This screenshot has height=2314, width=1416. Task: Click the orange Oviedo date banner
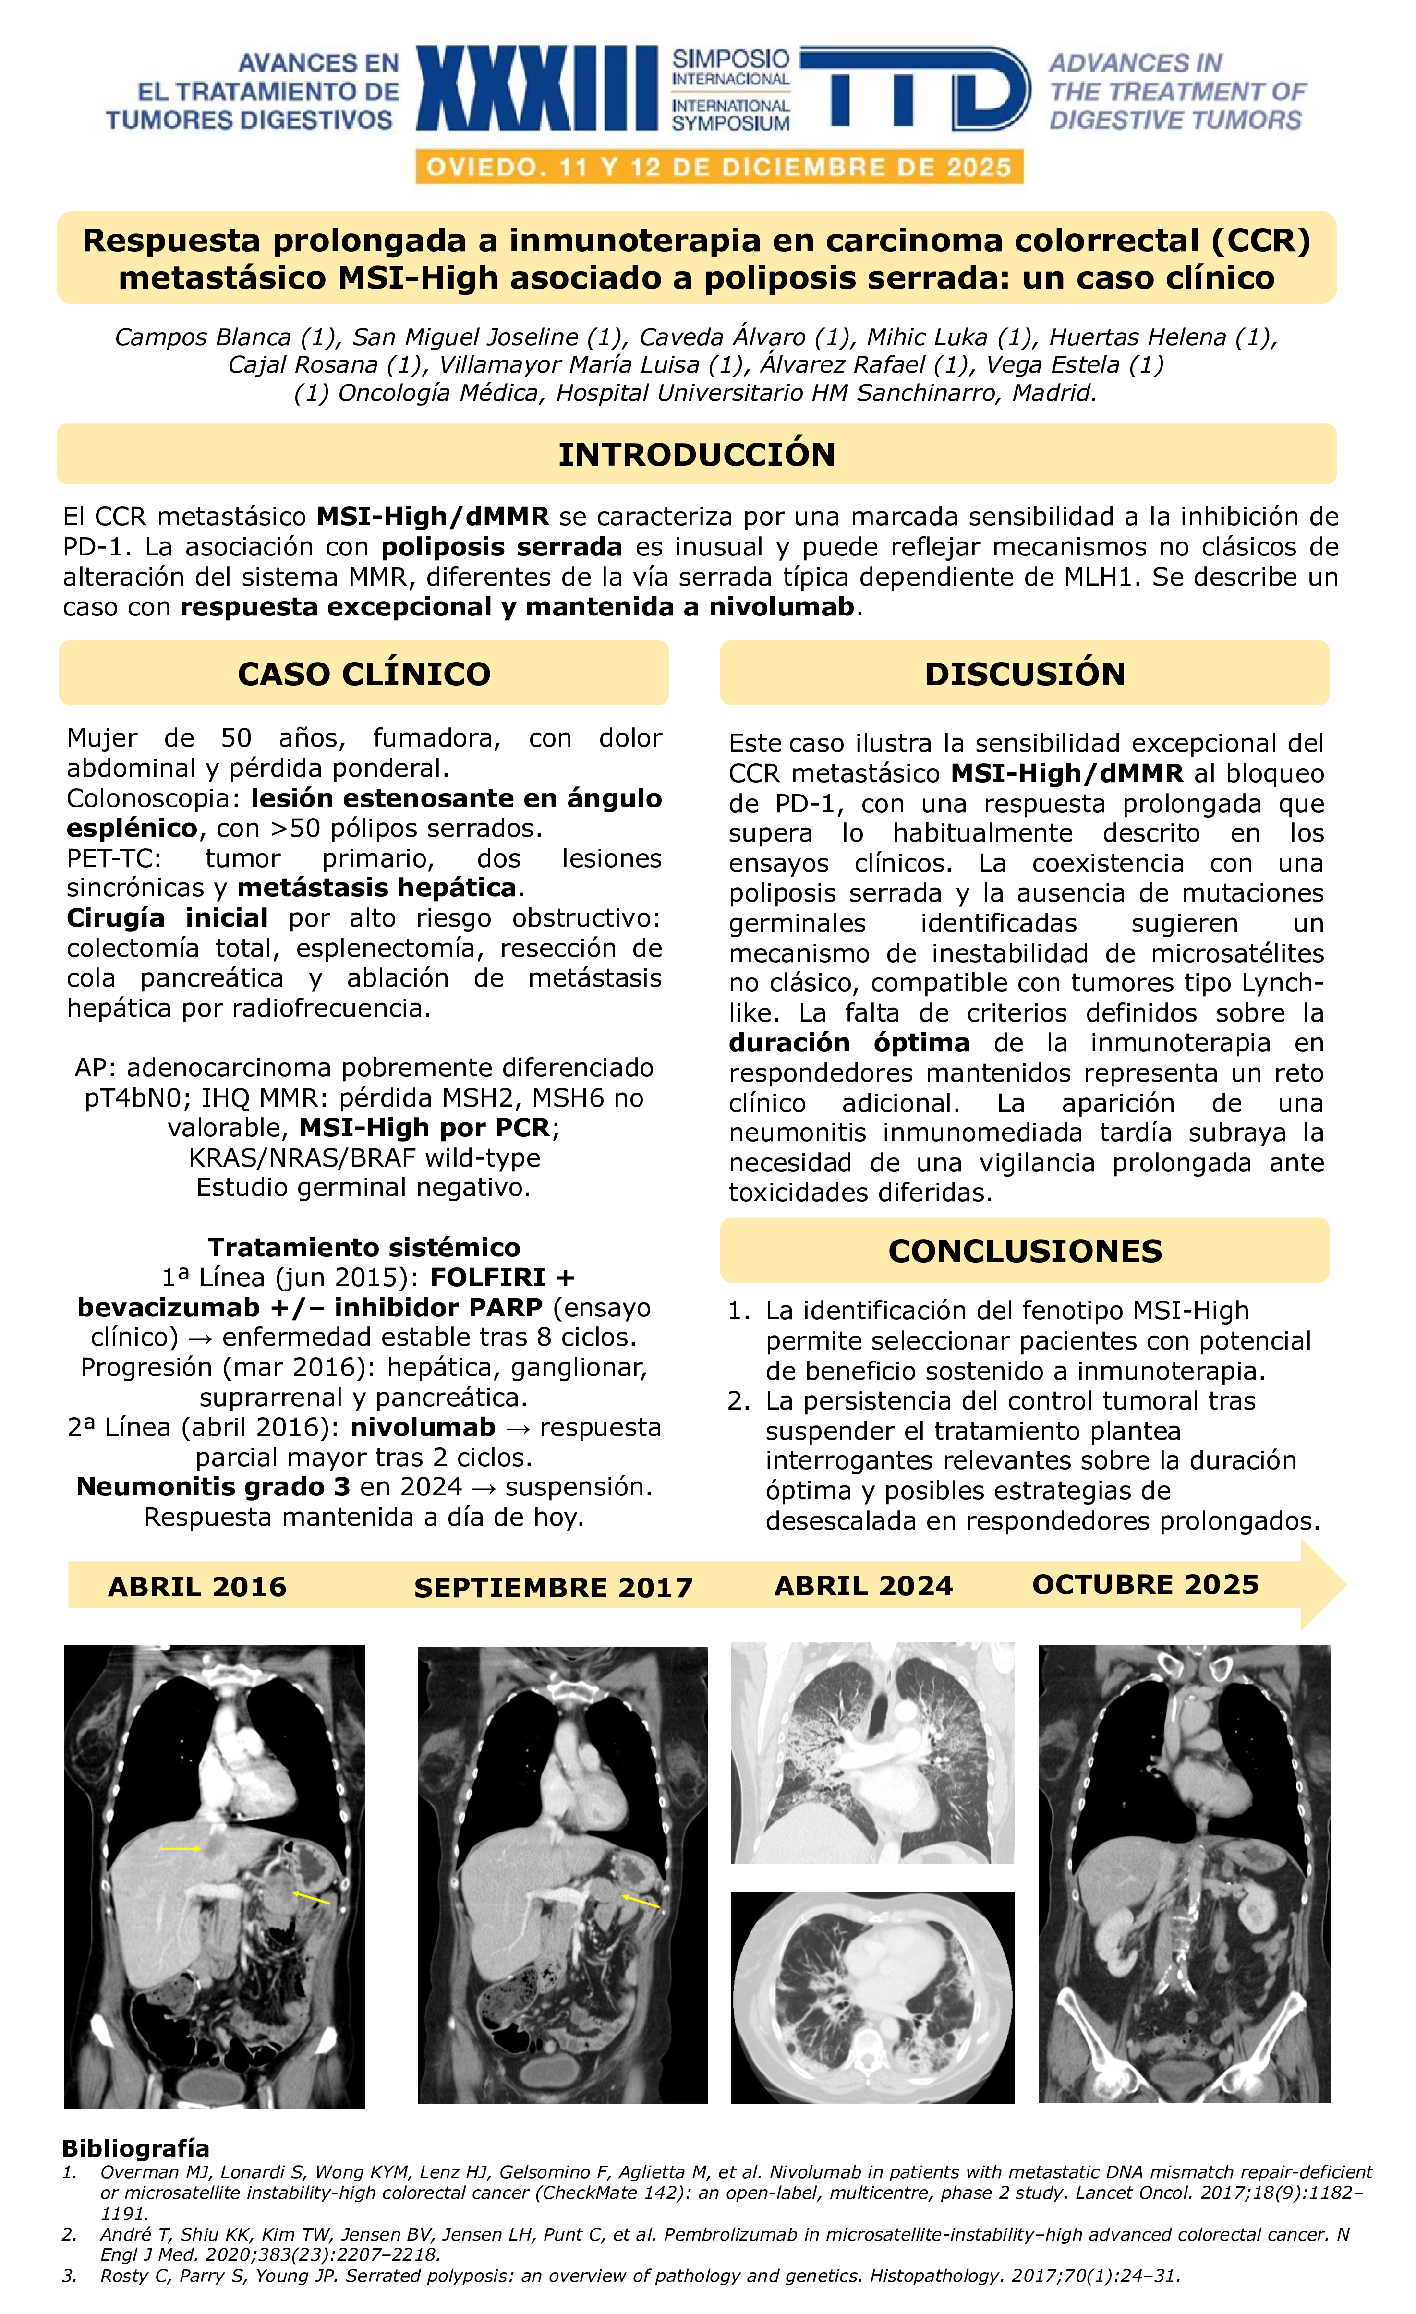tap(719, 167)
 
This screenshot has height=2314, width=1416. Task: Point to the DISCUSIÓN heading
tap(1025, 674)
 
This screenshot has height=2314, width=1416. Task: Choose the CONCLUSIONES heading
tap(1025, 1251)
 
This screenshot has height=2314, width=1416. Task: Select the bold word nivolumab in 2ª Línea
tap(423, 1427)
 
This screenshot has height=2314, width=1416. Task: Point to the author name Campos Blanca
tap(202, 337)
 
